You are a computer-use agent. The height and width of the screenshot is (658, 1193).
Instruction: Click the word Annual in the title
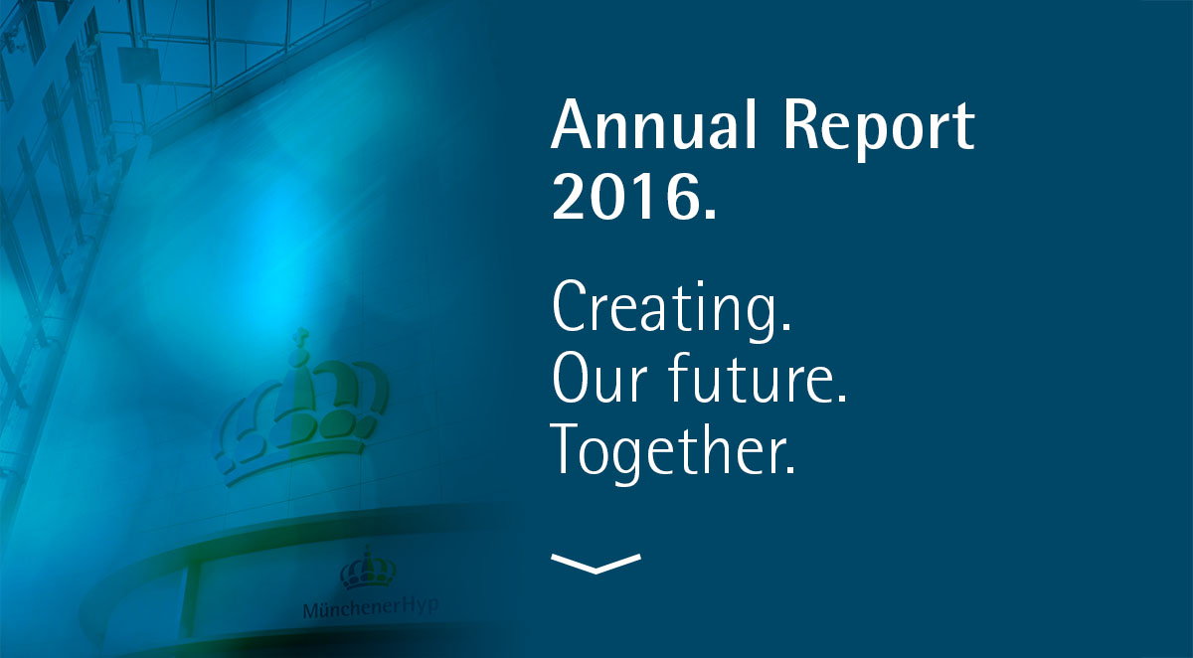tap(653, 124)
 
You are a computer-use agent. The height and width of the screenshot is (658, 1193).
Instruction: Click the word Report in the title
tap(879, 128)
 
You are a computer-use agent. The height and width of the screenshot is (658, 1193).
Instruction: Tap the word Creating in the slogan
tap(663, 310)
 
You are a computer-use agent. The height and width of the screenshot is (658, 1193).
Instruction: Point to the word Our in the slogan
tap(599, 378)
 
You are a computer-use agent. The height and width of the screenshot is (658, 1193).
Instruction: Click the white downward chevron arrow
tap(596, 564)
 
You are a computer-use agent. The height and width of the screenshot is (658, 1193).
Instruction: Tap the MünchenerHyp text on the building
tap(371, 608)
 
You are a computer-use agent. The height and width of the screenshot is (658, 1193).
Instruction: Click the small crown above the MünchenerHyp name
tap(368, 569)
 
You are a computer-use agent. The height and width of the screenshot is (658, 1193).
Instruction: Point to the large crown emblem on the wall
tap(301, 410)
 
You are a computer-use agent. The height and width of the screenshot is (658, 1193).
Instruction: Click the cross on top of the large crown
tap(302, 336)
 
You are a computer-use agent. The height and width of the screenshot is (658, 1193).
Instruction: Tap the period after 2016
tap(711, 213)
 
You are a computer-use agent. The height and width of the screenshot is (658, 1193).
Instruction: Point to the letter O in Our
tap(574, 378)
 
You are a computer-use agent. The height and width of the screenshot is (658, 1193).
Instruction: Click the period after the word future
tap(841, 398)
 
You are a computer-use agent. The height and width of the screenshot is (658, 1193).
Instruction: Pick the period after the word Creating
tap(785, 326)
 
